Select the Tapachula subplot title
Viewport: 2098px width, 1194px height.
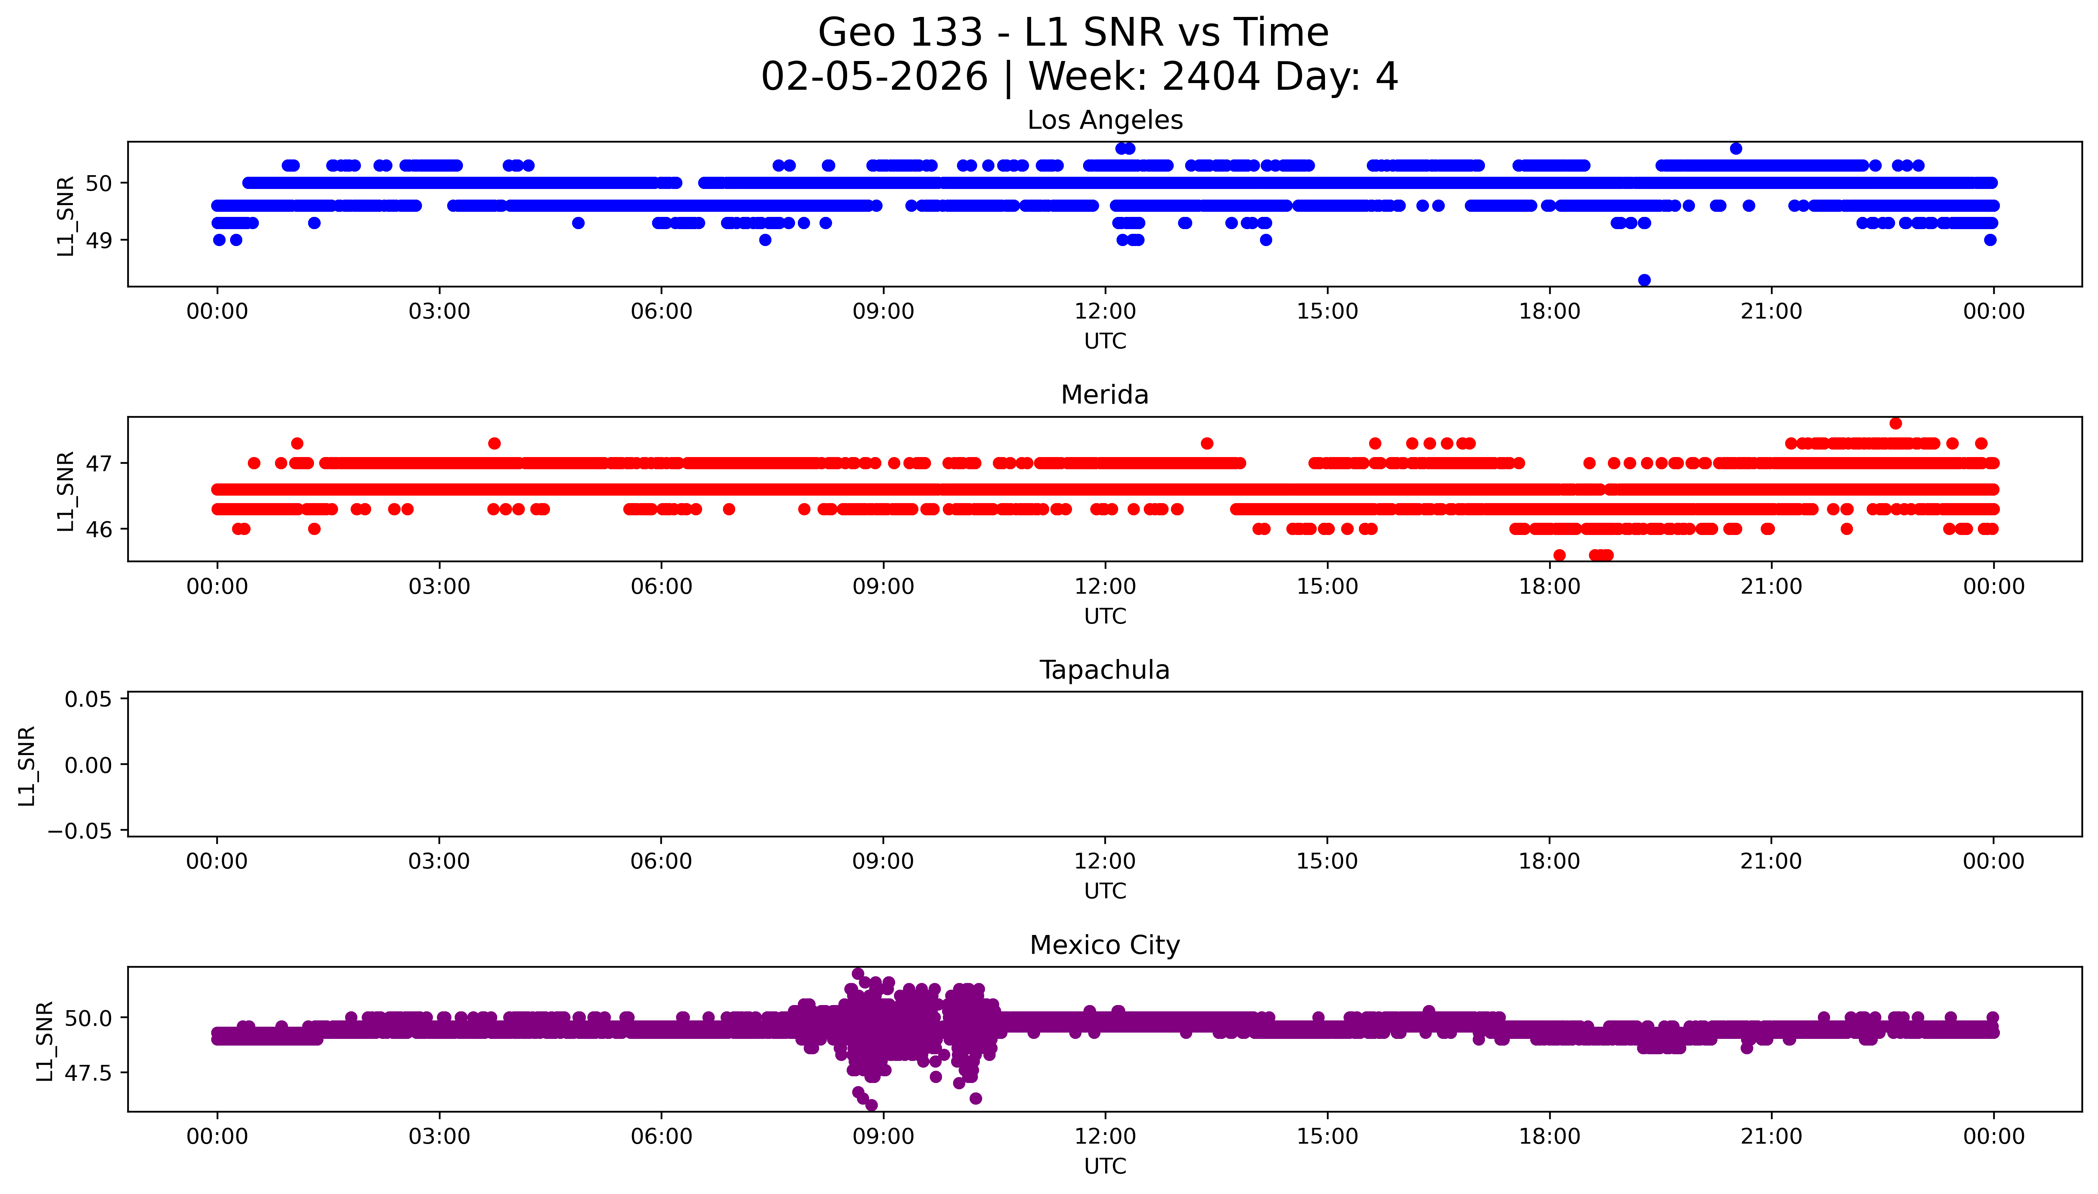click(1104, 670)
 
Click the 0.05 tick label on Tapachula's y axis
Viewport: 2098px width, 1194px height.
click(89, 700)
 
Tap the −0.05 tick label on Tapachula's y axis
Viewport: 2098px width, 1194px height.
click(80, 831)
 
